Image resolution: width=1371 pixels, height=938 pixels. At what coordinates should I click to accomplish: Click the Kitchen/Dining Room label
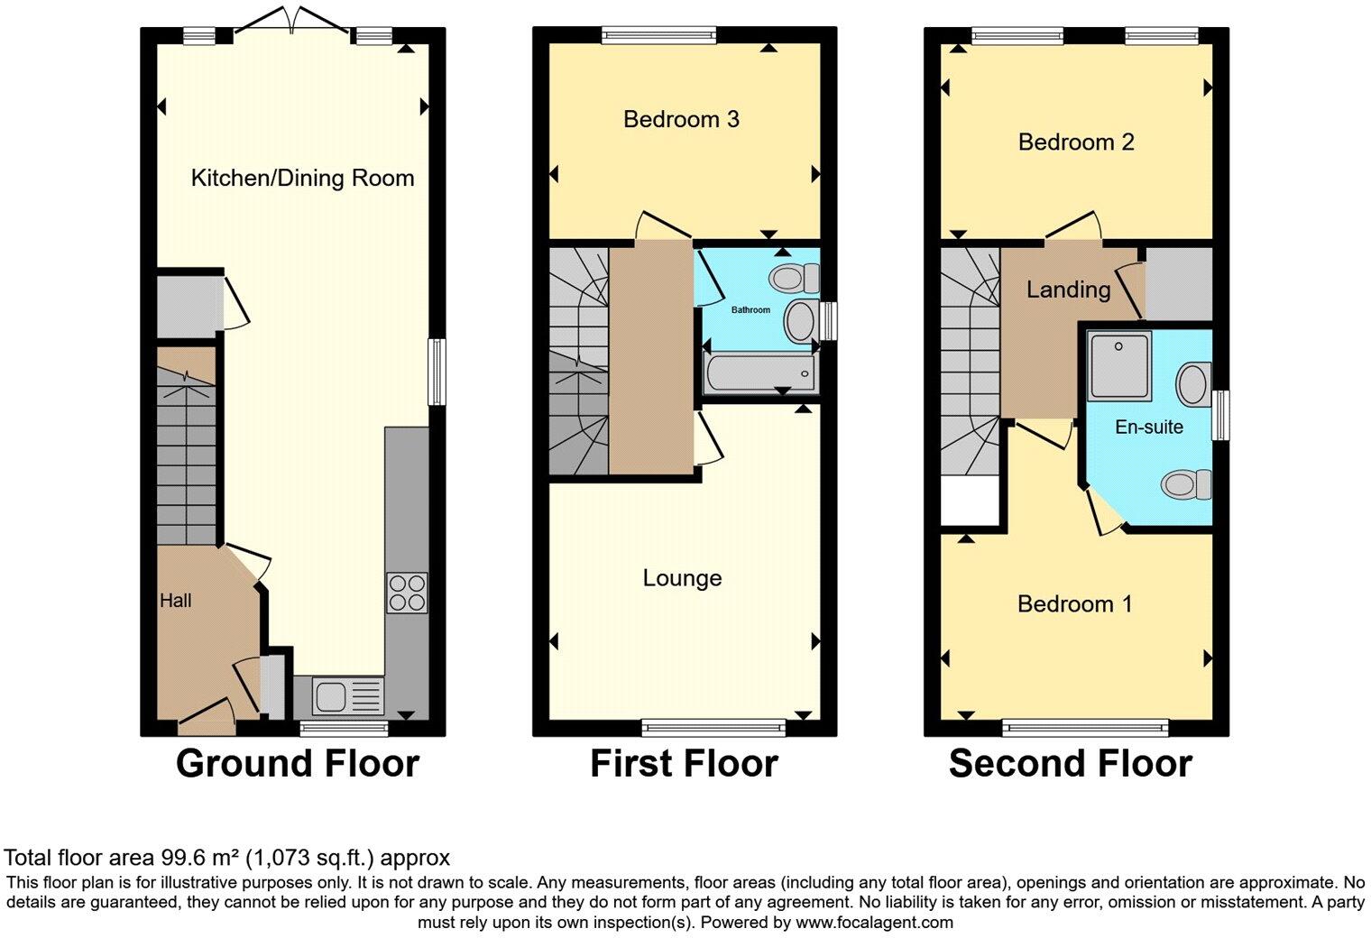(302, 178)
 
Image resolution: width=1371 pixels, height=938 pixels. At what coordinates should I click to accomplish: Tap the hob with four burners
(407, 593)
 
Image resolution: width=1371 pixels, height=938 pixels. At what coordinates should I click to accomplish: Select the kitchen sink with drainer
(347, 696)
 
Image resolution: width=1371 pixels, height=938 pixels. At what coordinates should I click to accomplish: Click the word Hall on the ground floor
(176, 601)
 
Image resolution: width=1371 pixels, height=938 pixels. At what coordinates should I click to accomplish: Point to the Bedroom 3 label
(681, 119)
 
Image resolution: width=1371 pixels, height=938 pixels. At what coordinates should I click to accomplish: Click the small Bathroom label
(750, 309)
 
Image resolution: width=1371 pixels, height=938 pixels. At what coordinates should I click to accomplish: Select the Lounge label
(682, 577)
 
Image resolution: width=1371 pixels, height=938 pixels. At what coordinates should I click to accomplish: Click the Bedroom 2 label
(1076, 142)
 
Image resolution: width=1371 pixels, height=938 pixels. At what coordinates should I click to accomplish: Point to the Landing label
(1068, 290)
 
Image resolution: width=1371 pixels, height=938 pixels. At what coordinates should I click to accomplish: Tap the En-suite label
(1149, 427)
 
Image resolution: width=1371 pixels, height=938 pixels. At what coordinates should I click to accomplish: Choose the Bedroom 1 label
(1075, 604)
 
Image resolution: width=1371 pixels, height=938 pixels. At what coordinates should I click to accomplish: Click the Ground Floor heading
(298, 764)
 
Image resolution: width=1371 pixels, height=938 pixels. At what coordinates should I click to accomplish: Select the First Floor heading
(685, 764)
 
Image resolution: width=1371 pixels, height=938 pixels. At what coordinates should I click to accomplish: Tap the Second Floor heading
(1071, 764)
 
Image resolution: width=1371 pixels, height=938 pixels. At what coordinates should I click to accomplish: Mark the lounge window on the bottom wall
(713, 727)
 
